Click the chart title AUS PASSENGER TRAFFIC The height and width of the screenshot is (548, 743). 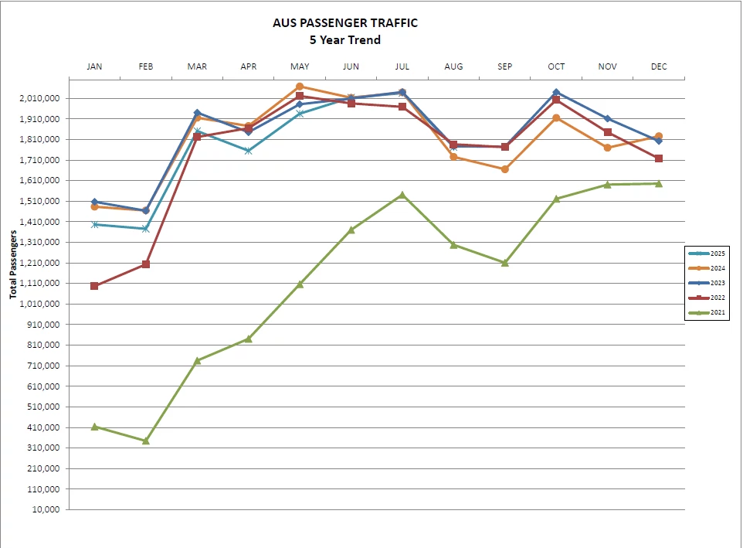point(345,23)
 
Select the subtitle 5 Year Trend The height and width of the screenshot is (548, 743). point(345,40)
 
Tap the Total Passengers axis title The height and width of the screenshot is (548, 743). point(13,264)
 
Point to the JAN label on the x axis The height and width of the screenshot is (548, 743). point(94,66)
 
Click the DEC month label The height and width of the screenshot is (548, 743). point(659,66)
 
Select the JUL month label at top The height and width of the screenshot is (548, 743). point(402,66)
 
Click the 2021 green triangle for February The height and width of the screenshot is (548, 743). point(145,441)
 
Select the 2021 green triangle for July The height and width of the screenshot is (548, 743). point(402,195)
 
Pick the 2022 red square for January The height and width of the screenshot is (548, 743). point(94,286)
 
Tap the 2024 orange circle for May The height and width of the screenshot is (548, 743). point(300,87)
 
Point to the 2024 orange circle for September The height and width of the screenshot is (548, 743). point(505,169)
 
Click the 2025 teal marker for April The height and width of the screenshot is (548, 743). point(249,151)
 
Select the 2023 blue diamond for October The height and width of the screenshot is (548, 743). point(556,93)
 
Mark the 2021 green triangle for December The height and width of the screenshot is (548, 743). point(659,183)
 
